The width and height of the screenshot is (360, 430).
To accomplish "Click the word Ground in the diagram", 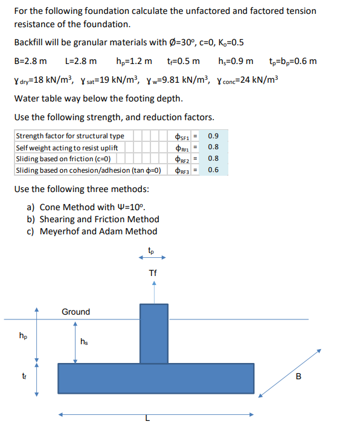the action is pos(76,312).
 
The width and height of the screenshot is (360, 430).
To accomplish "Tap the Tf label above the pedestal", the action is pos(153,274).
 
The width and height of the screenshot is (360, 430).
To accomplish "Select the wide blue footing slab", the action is pos(155,378).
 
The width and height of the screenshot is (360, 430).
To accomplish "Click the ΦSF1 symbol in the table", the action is pos(182,136).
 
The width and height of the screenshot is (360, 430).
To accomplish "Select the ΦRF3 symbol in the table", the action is pos(182,171).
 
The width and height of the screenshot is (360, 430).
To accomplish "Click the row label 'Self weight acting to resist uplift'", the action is pos(66,147).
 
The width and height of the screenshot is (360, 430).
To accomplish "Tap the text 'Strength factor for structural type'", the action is pos(70,136).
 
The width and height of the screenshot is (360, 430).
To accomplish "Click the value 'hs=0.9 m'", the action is pos(235,61).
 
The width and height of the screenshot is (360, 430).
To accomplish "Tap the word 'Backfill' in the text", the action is pos(30,42).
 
